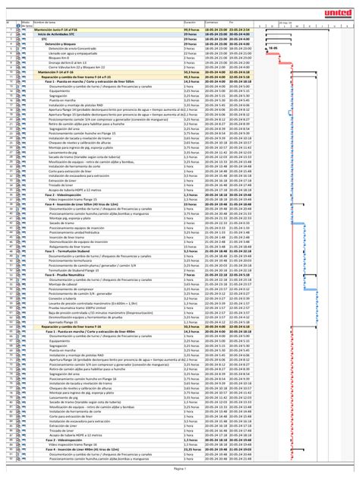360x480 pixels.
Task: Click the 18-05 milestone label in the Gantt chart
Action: (273, 48)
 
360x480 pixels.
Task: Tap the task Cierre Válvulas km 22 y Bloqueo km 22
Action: (81, 66)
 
